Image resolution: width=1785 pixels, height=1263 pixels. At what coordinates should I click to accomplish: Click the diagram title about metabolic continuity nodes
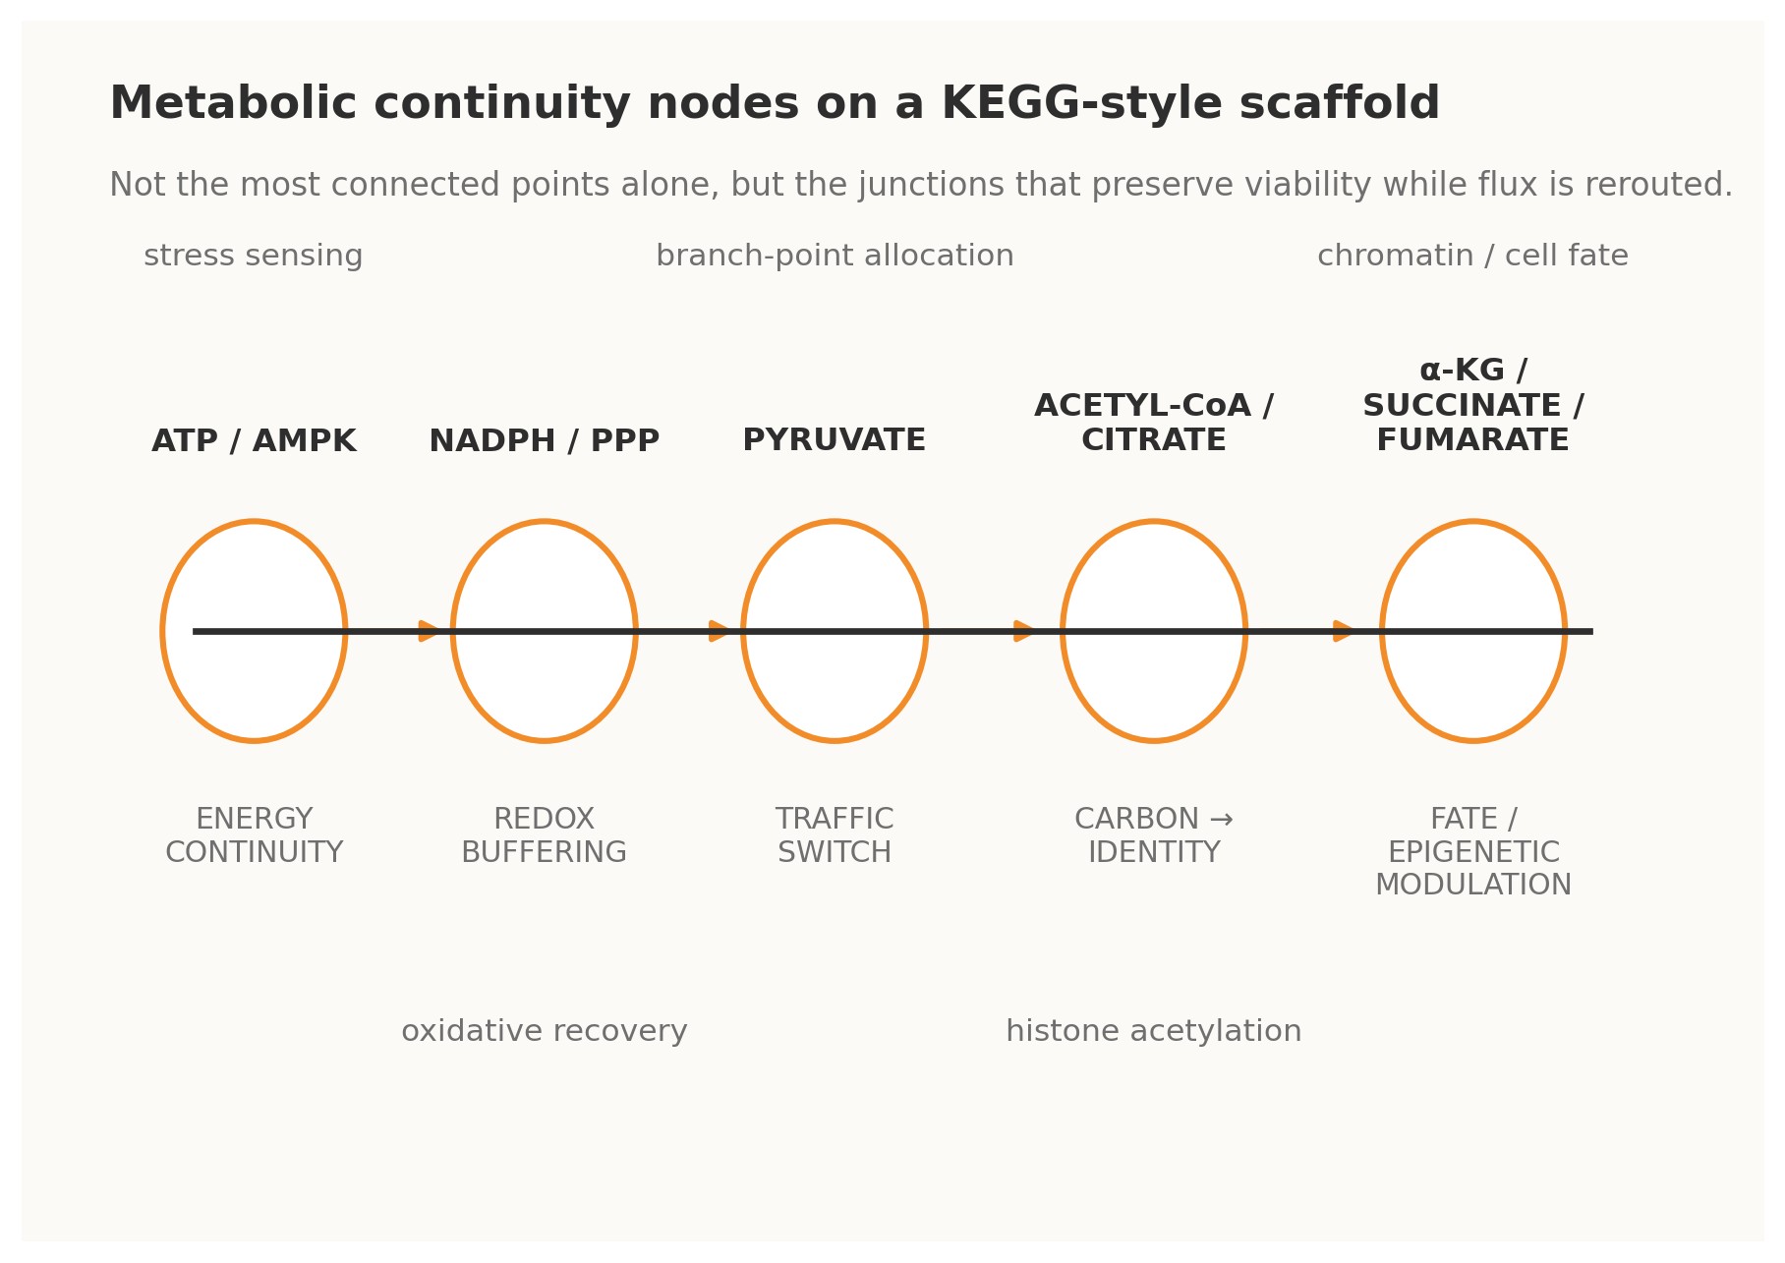point(774,104)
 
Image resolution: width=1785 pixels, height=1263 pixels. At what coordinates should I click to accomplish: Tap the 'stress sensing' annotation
point(254,257)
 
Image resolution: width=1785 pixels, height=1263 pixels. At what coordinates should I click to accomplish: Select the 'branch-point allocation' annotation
point(835,257)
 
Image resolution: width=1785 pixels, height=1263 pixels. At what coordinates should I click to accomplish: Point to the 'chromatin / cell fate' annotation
point(1472,257)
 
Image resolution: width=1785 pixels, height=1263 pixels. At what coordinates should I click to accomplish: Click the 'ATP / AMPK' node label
point(254,441)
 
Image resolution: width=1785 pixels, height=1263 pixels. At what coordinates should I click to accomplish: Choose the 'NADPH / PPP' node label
point(544,441)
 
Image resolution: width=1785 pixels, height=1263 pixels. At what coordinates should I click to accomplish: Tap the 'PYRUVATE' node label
point(834,440)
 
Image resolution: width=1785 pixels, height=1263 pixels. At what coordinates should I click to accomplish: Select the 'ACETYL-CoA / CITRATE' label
point(1153,423)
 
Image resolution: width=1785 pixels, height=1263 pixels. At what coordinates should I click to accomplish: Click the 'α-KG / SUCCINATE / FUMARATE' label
point(1472,406)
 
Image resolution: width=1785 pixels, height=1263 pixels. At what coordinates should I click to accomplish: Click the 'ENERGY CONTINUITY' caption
point(254,835)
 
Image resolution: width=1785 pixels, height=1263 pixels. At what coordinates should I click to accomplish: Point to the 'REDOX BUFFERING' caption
point(544,835)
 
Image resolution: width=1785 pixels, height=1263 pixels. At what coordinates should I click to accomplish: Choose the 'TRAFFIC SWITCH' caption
point(835,835)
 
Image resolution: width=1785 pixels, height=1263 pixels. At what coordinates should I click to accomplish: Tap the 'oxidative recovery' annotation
point(544,1032)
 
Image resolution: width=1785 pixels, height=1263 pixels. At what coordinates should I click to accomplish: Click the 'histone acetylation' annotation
point(1153,1032)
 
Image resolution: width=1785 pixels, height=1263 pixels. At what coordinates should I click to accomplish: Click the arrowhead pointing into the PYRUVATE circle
point(719,631)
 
